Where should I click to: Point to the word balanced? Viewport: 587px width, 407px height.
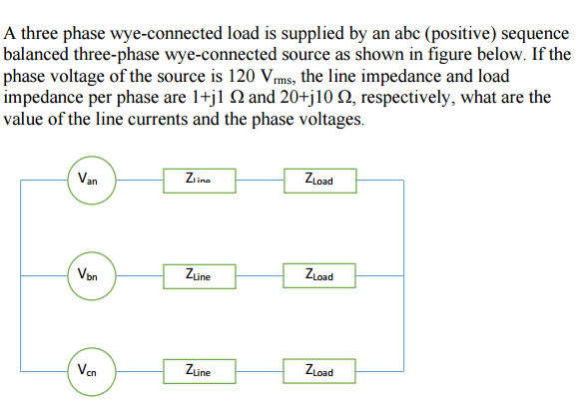coord(37,55)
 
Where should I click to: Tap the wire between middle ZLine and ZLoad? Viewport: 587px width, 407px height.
coord(266,274)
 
